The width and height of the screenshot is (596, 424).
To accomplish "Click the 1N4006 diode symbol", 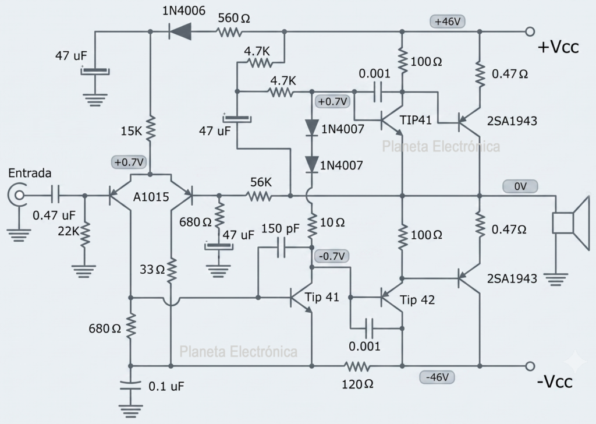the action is click(180, 31).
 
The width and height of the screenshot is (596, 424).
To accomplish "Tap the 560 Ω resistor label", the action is click(234, 18).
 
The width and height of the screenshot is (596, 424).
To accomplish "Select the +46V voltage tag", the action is click(448, 22).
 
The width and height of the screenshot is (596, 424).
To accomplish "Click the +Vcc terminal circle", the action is click(530, 31).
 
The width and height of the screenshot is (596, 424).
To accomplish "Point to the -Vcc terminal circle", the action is click(530, 366).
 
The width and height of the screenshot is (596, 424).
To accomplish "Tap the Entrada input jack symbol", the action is click(17, 196).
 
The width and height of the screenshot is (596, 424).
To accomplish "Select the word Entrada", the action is click(30, 173).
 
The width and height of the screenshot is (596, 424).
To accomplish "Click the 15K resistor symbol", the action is click(151, 129).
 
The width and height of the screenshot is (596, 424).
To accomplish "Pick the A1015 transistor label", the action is click(151, 197).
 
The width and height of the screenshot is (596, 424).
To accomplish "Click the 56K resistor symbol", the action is click(259, 196).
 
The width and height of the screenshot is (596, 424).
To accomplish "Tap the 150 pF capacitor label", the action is click(280, 228).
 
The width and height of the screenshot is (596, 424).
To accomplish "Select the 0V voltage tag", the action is click(520, 186).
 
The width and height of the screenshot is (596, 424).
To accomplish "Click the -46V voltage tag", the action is click(437, 377).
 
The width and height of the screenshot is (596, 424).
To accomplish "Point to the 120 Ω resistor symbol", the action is click(357, 366).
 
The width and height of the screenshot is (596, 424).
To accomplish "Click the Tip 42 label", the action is click(417, 300).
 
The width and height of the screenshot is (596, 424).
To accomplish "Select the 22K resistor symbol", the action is click(85, 233).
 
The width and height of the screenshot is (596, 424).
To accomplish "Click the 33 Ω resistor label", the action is click(152, 269).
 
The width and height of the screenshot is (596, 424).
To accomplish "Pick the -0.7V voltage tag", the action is click(332, 256).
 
